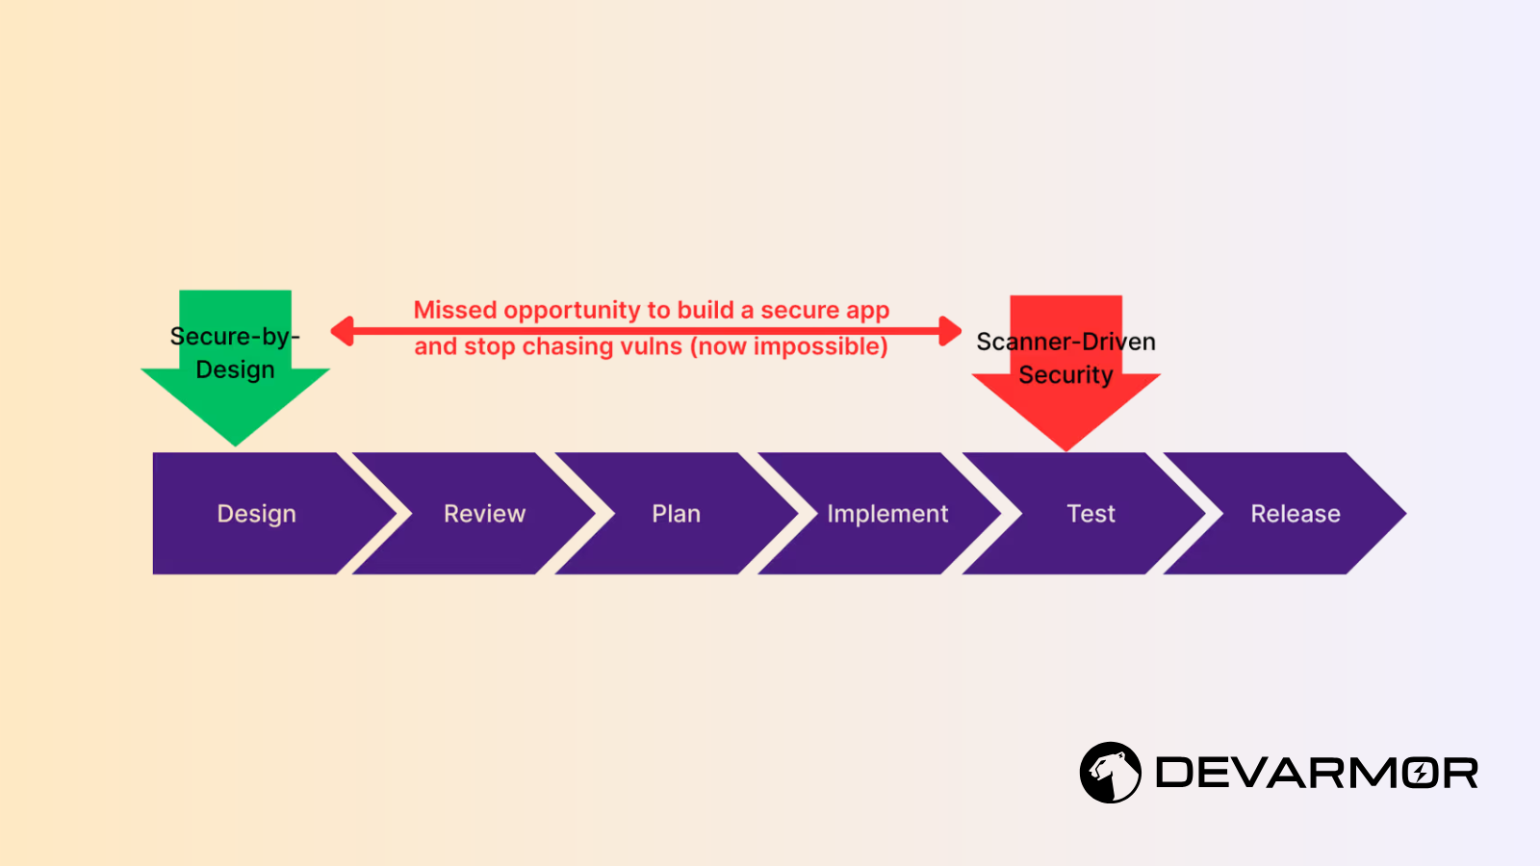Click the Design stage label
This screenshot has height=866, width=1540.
click(256, 514)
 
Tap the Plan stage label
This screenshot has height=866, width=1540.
click(676, 514)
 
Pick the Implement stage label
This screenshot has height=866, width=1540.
click(887, 514)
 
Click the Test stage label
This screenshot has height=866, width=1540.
click(1091, 514)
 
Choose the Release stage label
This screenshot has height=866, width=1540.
click(1296, 514)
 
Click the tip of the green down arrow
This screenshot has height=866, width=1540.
click(235, 446)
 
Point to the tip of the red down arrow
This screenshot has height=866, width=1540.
click(1066, 451)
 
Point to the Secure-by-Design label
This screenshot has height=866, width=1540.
click(235, 352)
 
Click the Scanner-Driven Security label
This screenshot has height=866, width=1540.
click(1065, 358)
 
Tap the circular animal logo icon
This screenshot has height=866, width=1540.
click(1111, 773)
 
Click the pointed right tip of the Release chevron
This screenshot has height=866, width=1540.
click(1406, 514)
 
